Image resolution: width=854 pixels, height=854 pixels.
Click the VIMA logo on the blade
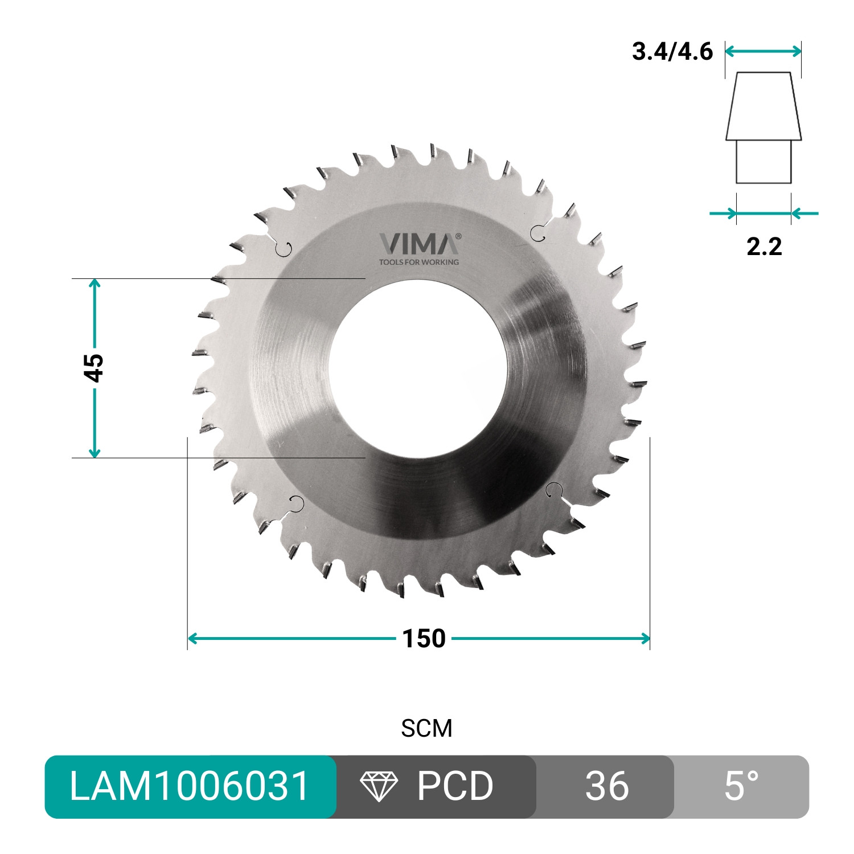tap(418, 244)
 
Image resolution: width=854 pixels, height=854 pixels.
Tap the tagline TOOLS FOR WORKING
tap(418, 262)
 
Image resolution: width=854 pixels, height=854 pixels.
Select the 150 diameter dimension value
tap(424, 639)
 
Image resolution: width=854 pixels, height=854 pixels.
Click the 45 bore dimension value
tap(95, 368)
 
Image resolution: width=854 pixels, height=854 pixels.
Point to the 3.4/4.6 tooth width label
tap(672, 51)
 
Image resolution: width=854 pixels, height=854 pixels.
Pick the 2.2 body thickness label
tap(764, 247)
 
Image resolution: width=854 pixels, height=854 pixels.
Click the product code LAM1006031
tap(190, 786)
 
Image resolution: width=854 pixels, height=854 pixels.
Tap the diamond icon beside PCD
tap(379, 787)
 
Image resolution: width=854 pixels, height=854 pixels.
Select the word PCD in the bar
tap(455, 786)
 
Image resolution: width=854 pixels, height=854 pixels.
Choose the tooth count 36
tap(607, 786)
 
